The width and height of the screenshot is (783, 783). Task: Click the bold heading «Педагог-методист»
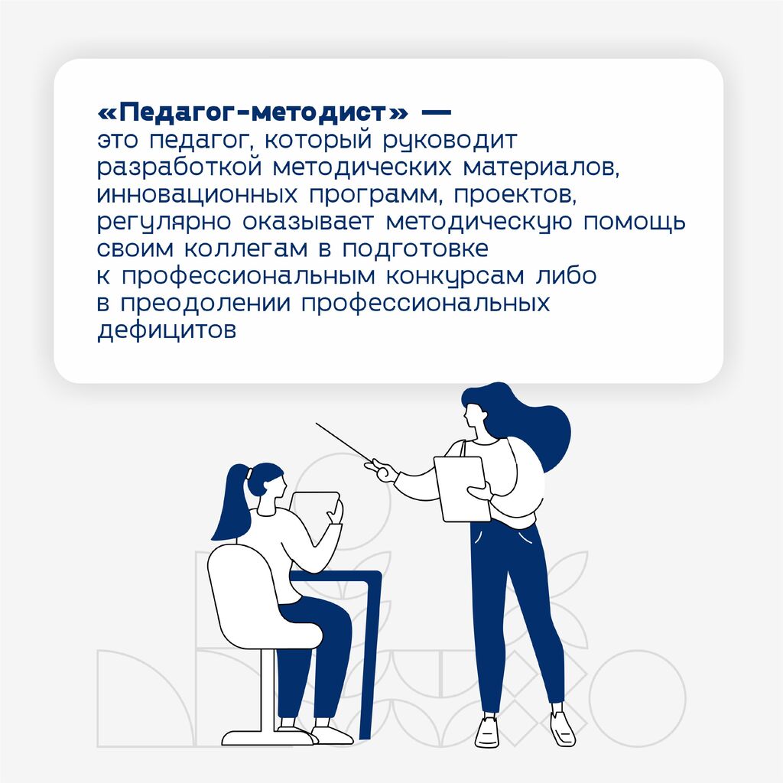point(252,112)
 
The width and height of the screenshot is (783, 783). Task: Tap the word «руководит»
point(450,141)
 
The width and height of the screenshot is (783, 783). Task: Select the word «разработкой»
point(179,167)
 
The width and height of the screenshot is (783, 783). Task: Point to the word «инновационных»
point(197,194)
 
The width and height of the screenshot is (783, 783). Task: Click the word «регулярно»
point(164,223)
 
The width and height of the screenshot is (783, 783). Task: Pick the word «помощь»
point(634,223)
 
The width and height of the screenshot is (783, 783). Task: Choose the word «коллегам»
point(246,249)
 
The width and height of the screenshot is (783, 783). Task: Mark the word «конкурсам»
point(455,277)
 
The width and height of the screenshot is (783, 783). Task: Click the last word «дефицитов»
point(166,330)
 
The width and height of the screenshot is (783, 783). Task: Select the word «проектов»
point(515,195)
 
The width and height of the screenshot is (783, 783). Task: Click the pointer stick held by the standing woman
point(344,443)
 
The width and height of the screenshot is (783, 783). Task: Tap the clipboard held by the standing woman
point(463,489)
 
